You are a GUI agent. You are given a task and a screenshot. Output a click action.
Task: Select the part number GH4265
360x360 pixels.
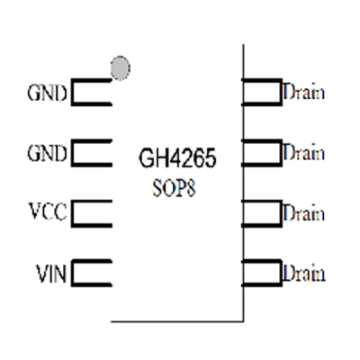[176, 163]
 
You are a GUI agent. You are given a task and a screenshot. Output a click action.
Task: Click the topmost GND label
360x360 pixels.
[48, 93]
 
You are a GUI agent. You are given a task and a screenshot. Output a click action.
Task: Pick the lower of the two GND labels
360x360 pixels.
[48, 153]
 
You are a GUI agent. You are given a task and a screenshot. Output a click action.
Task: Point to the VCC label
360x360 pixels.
[48, 213]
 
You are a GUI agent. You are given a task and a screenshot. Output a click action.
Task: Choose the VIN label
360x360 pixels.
[49, 273]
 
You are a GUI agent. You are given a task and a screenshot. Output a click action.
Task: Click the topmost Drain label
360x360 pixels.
[303, 92]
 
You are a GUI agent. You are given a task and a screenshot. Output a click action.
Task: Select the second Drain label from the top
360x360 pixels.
[303, 152]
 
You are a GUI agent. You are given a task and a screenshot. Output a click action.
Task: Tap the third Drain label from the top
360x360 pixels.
[303, 213]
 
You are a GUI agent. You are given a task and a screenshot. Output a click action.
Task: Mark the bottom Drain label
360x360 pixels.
[303, 273]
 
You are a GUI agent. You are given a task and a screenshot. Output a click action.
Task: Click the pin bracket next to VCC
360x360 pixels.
[90, 213]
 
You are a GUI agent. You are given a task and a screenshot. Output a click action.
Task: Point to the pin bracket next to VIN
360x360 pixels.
[90, 273]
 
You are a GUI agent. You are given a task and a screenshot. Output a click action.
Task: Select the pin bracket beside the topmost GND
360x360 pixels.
[90, 93]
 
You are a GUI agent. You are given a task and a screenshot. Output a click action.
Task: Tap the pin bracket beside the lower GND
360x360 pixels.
[90, 153]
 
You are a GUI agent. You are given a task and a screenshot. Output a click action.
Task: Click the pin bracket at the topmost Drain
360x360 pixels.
[263, 92]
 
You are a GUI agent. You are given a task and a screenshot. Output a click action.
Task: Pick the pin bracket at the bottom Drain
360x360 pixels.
[263, 273]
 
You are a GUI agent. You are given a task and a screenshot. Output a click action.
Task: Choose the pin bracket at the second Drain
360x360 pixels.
[263, 152]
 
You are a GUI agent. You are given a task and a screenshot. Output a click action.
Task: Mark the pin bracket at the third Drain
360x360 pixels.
[263, 213]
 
